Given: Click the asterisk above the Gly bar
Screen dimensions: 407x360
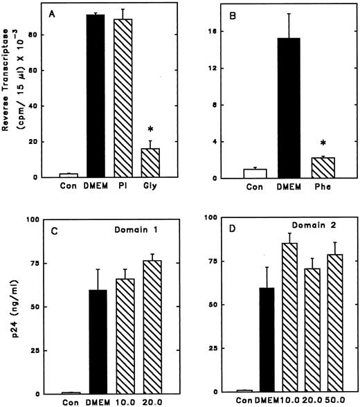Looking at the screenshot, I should coord(154,130).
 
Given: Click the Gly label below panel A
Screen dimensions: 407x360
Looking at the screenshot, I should coord(153,186).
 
